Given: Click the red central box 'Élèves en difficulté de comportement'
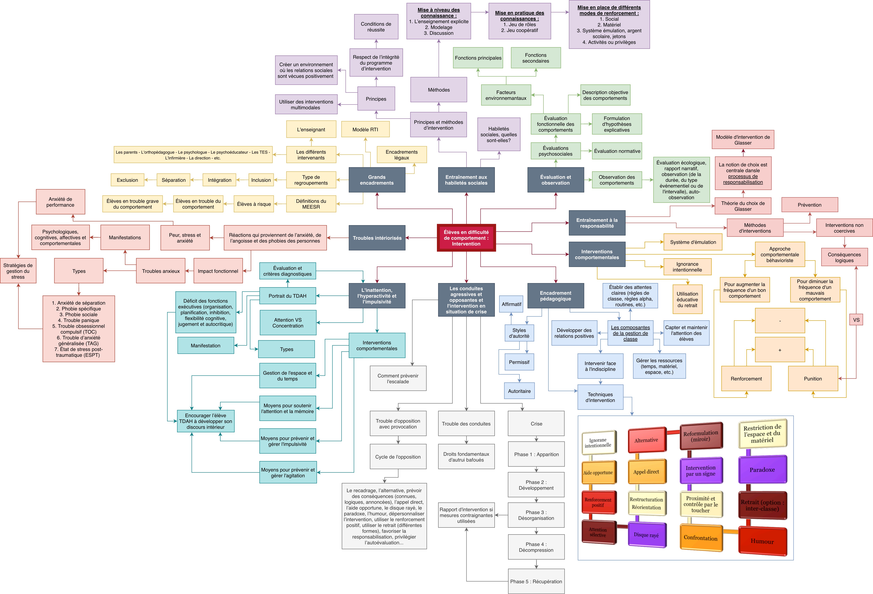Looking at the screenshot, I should click(x=466, y=238).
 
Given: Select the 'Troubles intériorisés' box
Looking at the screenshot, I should click(x=377, y=238).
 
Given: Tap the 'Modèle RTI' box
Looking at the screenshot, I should click(x=365, y=130).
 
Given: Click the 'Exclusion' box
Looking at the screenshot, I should click(x=127, y=180).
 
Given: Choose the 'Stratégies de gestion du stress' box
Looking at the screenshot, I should click(x=18, y=271).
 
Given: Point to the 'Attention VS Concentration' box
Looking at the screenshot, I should click(x=288, y=323).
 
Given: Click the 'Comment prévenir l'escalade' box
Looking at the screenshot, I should click(x=398, y=378).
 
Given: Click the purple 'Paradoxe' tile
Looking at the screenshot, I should click(x=762, y=470).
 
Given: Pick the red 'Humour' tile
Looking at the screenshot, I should click(x=762, y=541).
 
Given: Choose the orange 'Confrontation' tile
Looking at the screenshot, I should click(x=701, y=538).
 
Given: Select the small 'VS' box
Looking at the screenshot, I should click(x=856, y=320).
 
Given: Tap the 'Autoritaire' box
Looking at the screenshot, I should click(x=519, y=391).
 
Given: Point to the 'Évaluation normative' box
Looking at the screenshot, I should click(x=617, y=151).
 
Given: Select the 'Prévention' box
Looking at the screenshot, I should click(x=809, y=205).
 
